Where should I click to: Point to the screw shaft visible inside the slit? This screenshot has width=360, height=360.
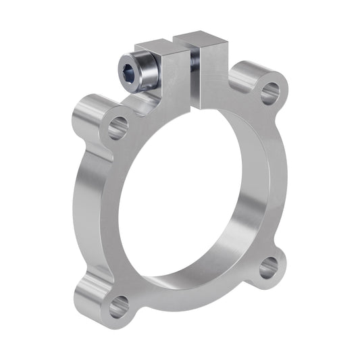(x=195, y=60)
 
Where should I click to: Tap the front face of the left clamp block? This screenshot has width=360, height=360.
(x=177, y=78)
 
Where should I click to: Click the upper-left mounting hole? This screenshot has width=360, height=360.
(x=118, y=126)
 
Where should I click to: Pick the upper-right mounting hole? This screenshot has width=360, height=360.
(x=269, y=91)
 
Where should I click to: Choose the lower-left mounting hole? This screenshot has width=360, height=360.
(x=119, y=307)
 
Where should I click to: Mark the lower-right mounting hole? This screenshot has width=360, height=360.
(x=268, y=268)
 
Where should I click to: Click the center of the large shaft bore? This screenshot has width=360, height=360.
(x=196, y=196)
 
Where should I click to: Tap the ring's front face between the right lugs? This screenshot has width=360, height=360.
(x=280, y=182)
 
